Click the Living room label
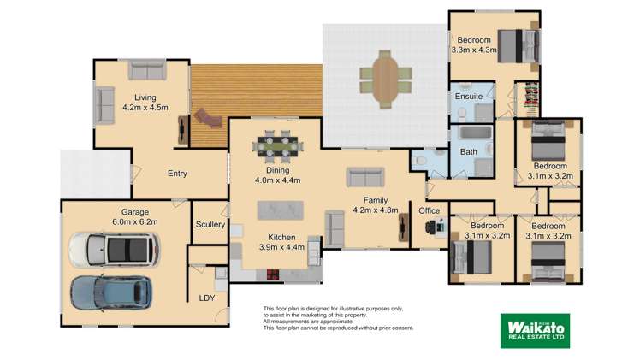coord(145,102)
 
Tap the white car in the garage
coord(113,250)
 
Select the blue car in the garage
coord(110,292)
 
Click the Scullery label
coord(210,225)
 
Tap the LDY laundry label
coord(207,298)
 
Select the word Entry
coord(177,174)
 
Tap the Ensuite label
coord(467,97)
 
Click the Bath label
coord(469,152)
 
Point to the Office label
coord(429,210)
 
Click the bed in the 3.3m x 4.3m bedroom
coord(513,44)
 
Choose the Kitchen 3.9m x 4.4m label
coord(281,242)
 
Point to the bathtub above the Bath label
coord(467,134)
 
